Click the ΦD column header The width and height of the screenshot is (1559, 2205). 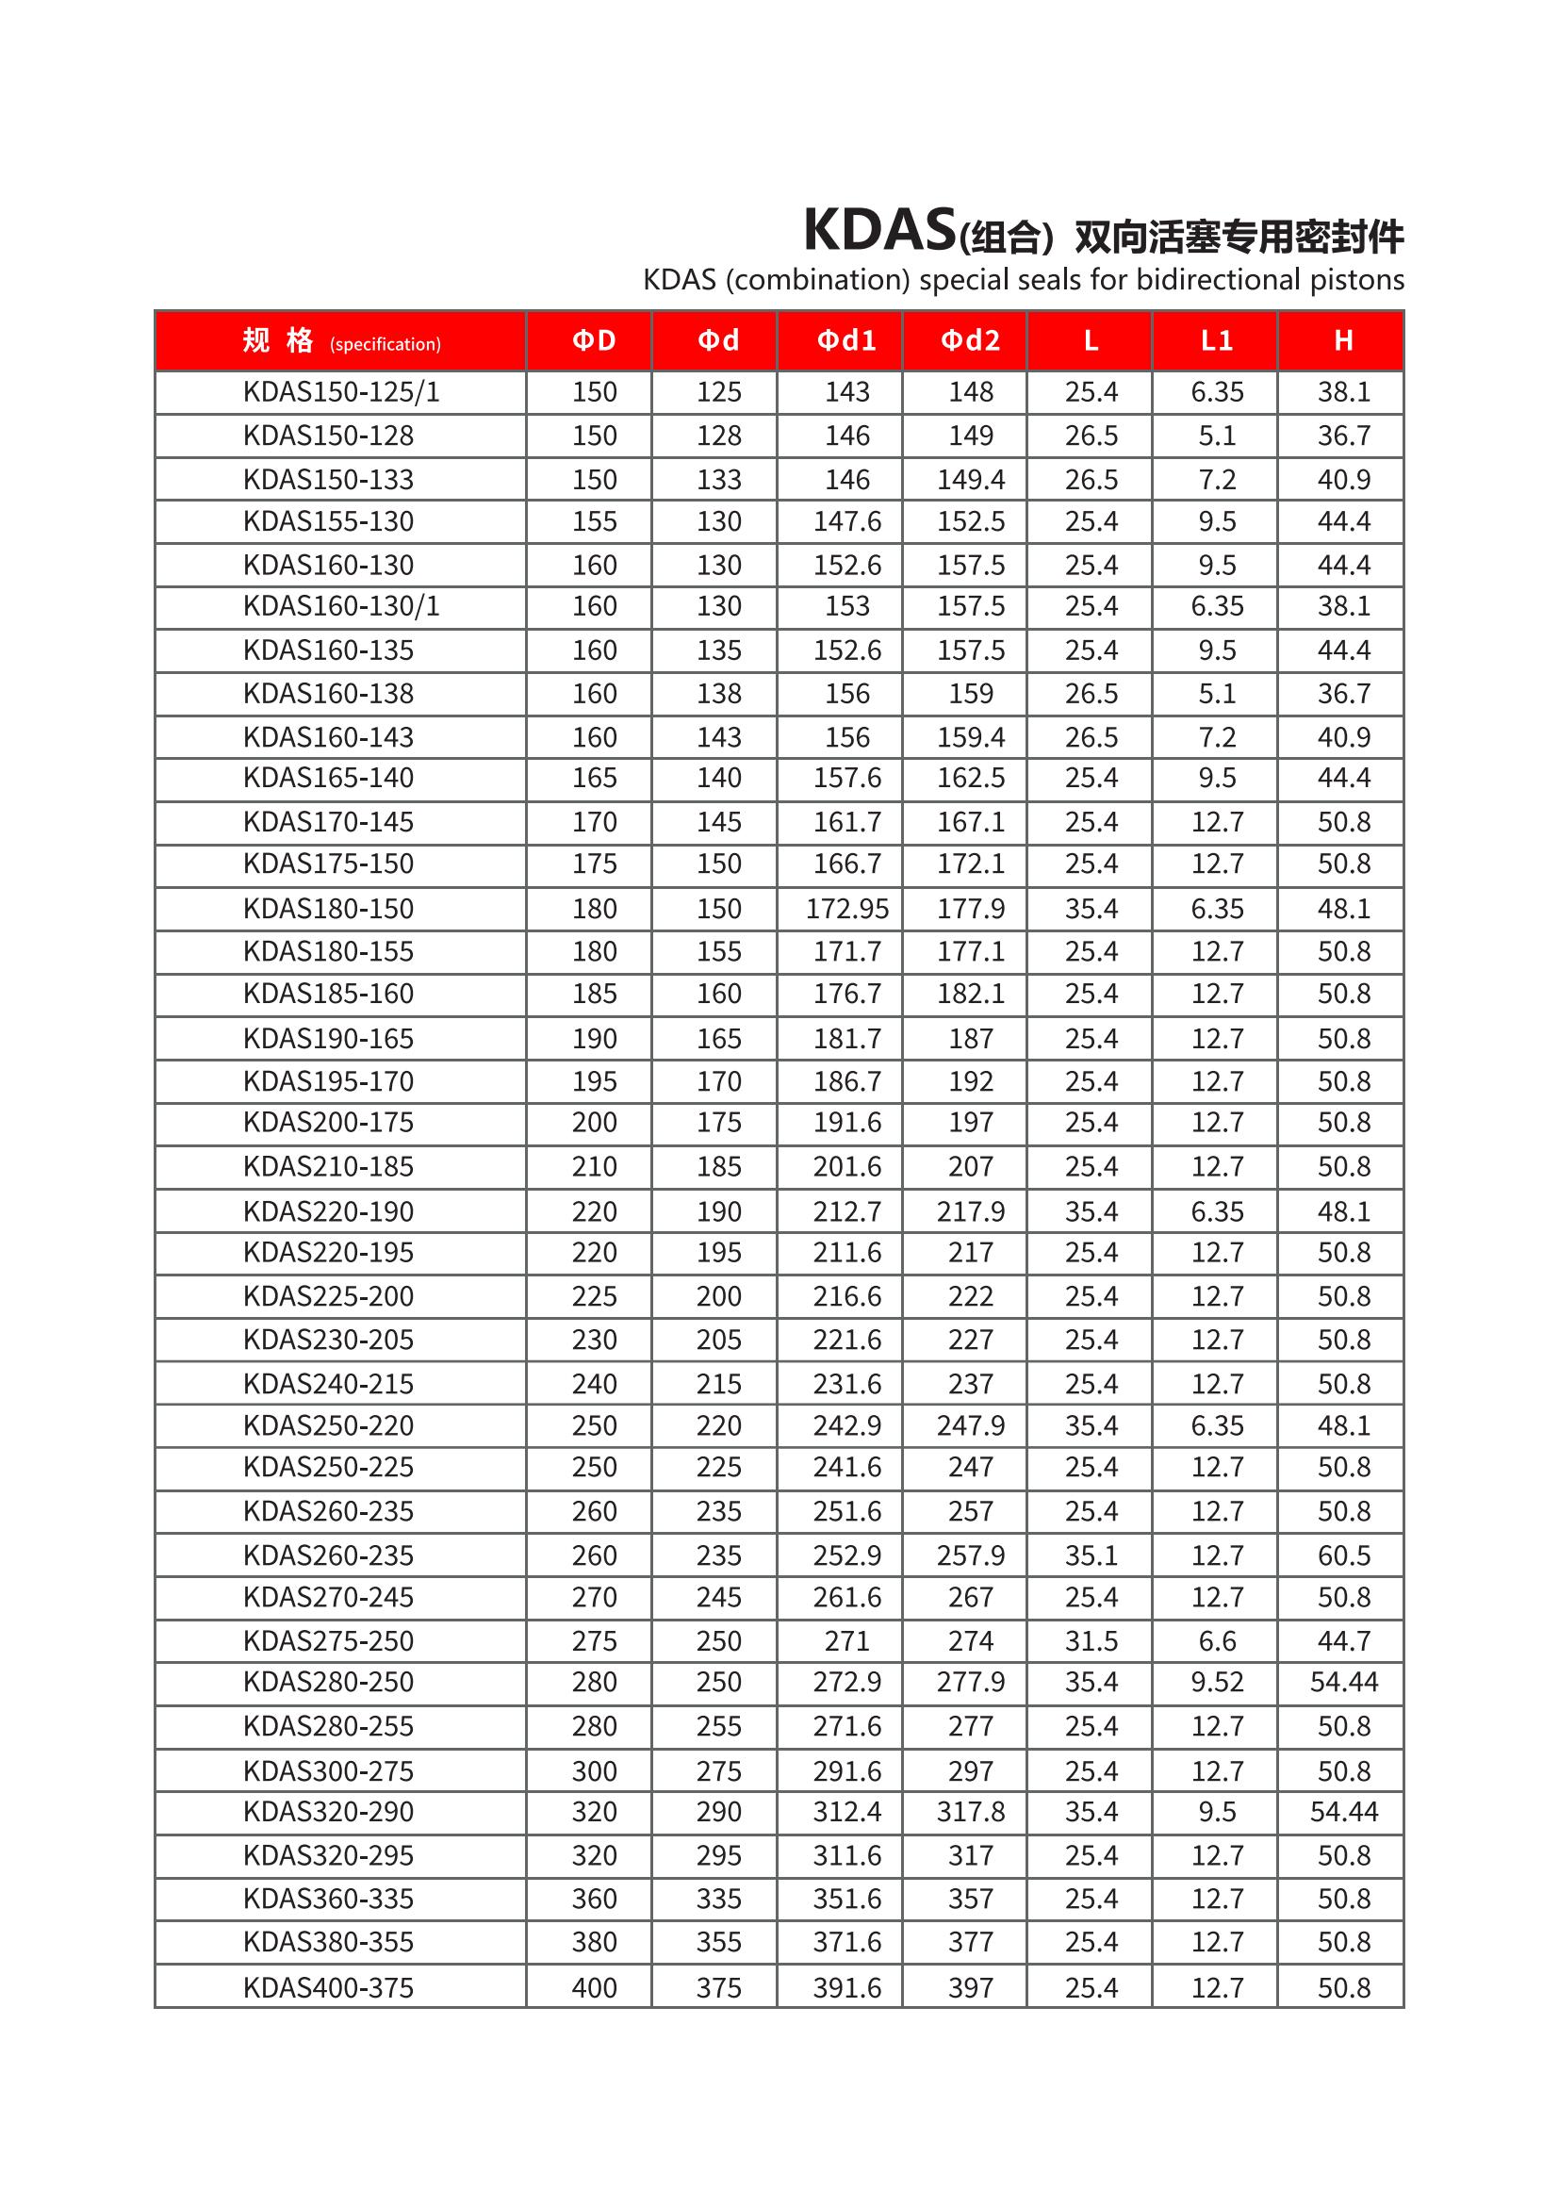pos(593,341)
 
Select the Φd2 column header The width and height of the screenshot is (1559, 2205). pos(970,341)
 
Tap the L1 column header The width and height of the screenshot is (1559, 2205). pos(1216,341)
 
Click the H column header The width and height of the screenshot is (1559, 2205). pos(1343,341)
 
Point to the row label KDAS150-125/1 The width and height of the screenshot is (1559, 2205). pos(341,392)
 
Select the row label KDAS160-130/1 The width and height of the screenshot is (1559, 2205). pos(341,606)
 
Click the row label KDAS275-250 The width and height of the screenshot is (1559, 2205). pos(328,1641)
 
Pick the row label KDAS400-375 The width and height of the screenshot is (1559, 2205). pos(328,1987)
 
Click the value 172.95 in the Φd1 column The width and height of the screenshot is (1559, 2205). pos(846,909)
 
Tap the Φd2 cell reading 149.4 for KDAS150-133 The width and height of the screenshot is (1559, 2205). pos(971,479)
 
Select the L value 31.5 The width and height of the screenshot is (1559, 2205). pos(1091,1641)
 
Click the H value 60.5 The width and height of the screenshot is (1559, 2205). pos(1344,1555)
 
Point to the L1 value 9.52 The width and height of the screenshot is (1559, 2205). pos(1217,1682)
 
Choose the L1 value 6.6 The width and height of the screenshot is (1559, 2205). pos(1217,1641)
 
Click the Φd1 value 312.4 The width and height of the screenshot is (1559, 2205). pos(846,1811)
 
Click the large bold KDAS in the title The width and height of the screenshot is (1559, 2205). pos(879,230)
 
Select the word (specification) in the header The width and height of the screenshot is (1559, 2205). pos(385,345)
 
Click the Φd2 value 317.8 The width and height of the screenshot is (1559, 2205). pos(971,1811)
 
